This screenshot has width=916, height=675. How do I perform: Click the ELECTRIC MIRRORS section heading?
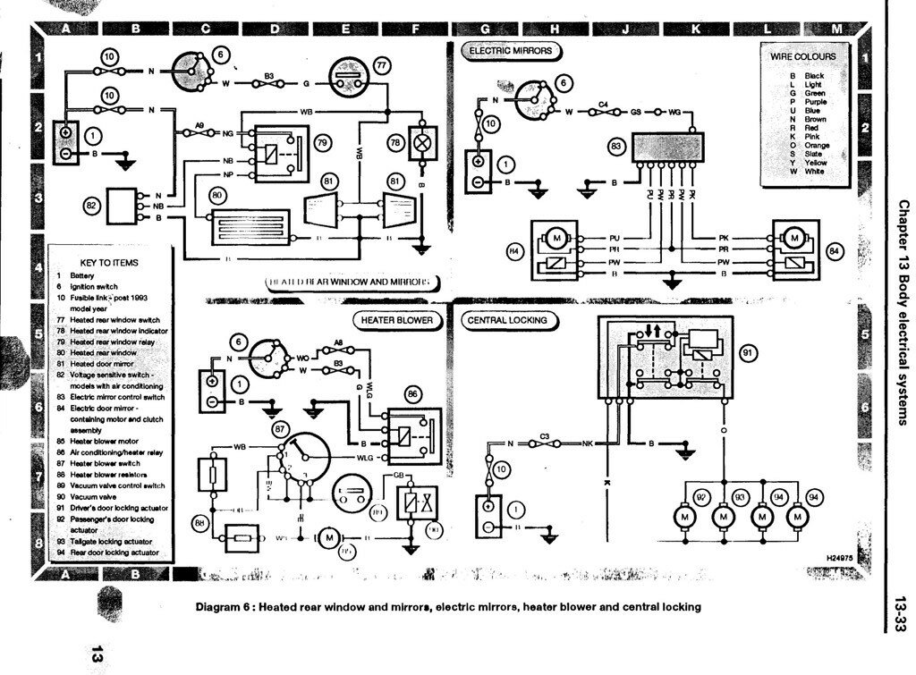click(511, 52)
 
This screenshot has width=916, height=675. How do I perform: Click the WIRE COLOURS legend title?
click(802, 57)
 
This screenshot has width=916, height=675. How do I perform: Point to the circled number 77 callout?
click(382, 65)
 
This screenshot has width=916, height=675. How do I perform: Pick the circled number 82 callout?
click(90, 205)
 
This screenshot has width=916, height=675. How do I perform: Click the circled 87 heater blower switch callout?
click(284, 430)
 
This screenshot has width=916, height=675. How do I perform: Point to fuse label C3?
click(544, 435)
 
